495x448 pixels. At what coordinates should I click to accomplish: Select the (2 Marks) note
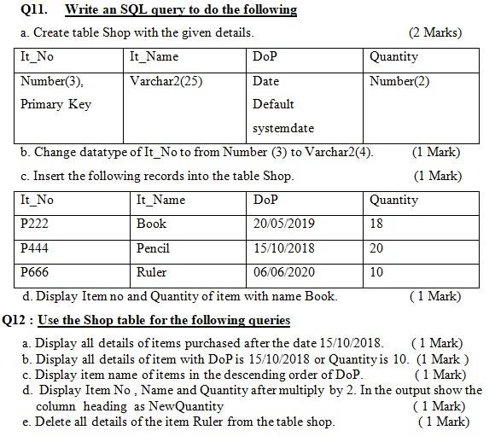click(x=435, y=33)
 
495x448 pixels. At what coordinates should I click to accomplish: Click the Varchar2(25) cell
click(x=166, y=83)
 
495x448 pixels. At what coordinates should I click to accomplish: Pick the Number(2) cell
click(x=399, y=83)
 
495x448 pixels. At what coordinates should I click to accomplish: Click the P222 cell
click(x=36, y=224)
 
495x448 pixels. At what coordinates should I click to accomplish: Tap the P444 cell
click(x=36, y=248)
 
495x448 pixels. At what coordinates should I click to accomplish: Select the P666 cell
click(x=36, y=273)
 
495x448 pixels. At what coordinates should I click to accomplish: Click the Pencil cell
click(x=153, y=248)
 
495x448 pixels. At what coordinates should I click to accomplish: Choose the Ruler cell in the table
click(x=151, y=273)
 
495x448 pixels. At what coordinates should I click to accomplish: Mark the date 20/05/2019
click(x=284, y=224)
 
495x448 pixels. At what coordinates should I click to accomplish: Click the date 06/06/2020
click(x=284, y=273)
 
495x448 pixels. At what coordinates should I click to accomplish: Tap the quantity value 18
click(x=376, y=224)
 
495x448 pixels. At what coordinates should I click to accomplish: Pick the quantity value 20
click(x=377, y=248)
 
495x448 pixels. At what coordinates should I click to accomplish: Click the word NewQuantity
click(x=180, y=406)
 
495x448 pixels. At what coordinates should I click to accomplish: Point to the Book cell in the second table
click(x=151, y=224)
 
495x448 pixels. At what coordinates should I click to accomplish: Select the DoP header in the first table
click(x=265, y=57)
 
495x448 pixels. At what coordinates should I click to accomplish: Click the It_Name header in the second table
click(x=160, y=201)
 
